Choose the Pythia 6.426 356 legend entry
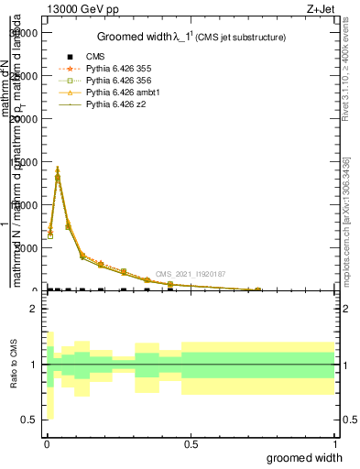coord(115,81)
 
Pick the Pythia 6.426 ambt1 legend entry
coord(117,93)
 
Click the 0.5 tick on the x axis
coord(191,444)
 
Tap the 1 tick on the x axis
coord(334,444)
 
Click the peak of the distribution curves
coord(57,169)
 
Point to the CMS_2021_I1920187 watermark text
coord(190,274)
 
